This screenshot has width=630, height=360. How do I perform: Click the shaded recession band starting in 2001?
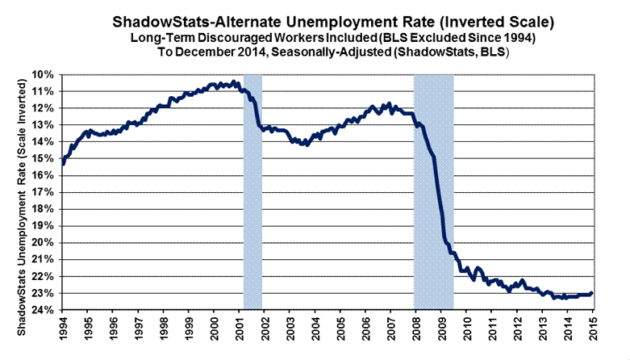click(x=252, y=194)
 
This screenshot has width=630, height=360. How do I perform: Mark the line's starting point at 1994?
click(x=63, y=164)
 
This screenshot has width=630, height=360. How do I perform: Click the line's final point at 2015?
click(x=593, y=293)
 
